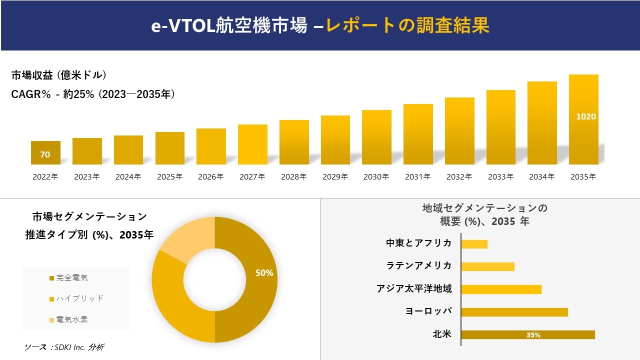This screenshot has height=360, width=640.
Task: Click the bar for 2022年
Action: pos(45,152)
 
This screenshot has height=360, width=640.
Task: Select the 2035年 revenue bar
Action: pos(583,119)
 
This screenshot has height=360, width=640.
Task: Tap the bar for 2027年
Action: pos(252,144)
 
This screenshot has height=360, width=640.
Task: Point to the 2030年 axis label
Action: pos(376,176)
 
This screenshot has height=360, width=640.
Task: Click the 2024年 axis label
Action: pos(128,176)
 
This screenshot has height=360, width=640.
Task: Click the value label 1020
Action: pos(586,116)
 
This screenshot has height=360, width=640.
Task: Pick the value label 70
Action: pos(45,154)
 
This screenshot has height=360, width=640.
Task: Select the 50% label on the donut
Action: pos(264,273)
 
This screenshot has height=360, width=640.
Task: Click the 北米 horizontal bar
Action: pos(528,335)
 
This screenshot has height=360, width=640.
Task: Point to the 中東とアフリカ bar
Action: pos(474,244)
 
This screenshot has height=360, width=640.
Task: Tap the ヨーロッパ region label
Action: pos(428,311)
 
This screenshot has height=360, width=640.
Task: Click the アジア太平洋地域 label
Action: pos(414,288)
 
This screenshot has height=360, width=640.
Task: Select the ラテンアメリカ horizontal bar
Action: pos(487,266)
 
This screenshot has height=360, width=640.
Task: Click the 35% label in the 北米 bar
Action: pos(533,335)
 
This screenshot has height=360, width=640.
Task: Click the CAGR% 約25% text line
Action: pos(93,94)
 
